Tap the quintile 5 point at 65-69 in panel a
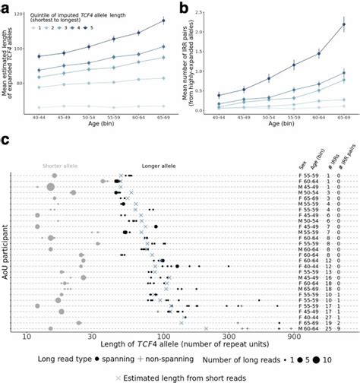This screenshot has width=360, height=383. tap(163, 21)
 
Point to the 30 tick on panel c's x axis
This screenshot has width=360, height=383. tap(92, 335)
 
